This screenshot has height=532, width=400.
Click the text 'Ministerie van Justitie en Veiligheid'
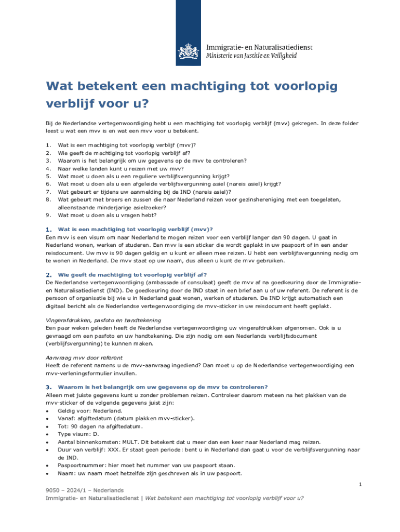pyautogui.click(x=252, y=56)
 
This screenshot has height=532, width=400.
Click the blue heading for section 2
pyautogui.click(x=132, y=274)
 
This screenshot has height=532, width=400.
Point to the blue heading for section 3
pyautogui.click(x=163, y=387)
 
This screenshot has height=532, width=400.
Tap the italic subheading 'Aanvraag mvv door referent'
pyautogui.click(x=84, y=357)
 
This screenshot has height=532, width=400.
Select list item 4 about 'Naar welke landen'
pyautogui.click(x=121, y=168)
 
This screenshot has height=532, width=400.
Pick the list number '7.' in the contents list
pyautogui.click(x=48, y=191)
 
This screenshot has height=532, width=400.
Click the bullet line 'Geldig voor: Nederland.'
pyautogui.click(x=83, y=410)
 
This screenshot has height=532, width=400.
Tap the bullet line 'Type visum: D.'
pyautogui.click(x=78, y=434)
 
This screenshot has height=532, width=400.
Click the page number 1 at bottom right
pyautogui.click(x=359, y=484)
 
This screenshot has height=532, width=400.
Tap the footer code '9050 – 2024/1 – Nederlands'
pyautogui.click(x=85, y=490)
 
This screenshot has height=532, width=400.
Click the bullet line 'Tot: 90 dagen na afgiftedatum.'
pyautogui.click(x=100, y=426)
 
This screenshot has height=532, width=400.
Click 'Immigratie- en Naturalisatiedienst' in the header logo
pyautogui.click(x=259, y=47)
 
